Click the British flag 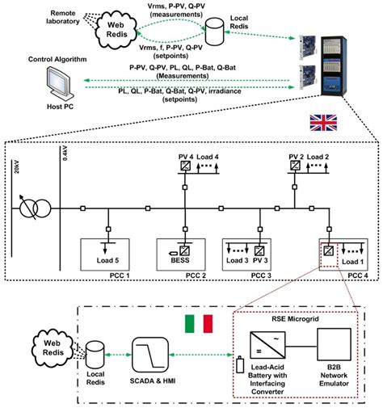(322, 124)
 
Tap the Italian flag (199, 323)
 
